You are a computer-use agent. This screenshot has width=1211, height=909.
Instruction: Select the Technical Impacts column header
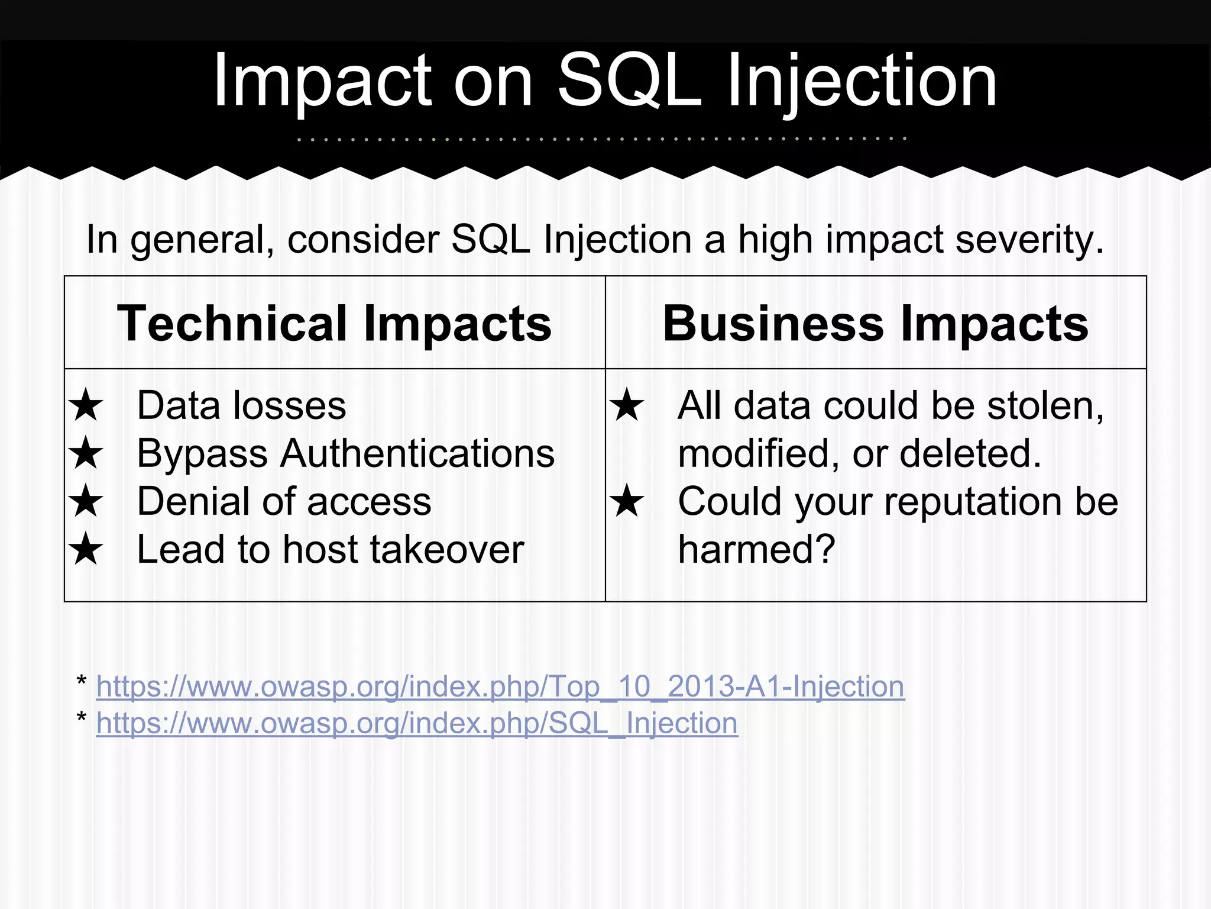pyautogui.click(x=335, y=323)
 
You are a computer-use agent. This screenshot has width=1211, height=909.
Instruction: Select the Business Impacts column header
pyautogui.click(x=875, y=323)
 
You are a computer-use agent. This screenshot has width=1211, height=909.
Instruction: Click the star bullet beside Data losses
pyautogui.click(x=86, y=405)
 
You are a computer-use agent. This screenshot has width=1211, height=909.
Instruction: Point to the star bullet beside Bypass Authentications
pyautogui.click(x=86, y=453)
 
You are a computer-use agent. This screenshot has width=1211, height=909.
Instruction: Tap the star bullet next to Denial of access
pyautogui.click(x=86, y=501)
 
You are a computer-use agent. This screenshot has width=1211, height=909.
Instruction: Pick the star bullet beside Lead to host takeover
pyautogui.click(x=86, y=549)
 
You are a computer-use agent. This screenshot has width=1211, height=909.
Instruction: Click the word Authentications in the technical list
pyautogui.click(x=417, y=453)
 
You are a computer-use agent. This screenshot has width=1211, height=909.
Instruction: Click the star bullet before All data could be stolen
pyautogui.click(x=627, y=405)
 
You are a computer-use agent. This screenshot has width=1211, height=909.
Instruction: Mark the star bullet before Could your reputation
pyautogui.click(x=627, y=501)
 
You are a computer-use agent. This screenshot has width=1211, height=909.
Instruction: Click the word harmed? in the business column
pyautogui.click(x=756, y=549)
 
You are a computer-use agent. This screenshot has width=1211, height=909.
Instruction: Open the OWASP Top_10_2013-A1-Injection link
pyautogui.click(x=500, y=686)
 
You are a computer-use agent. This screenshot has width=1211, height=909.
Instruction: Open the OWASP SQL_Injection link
pyautogui.click(x=417, y=723)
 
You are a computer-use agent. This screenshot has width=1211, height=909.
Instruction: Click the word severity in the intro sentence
pyautogui.click(x=1029, y=240)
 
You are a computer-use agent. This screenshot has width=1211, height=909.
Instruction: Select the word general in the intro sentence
pyautogui.click(x=201, y=241)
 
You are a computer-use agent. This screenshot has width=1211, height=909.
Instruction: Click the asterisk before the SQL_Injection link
pyautogui.click(x=82, y=718)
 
